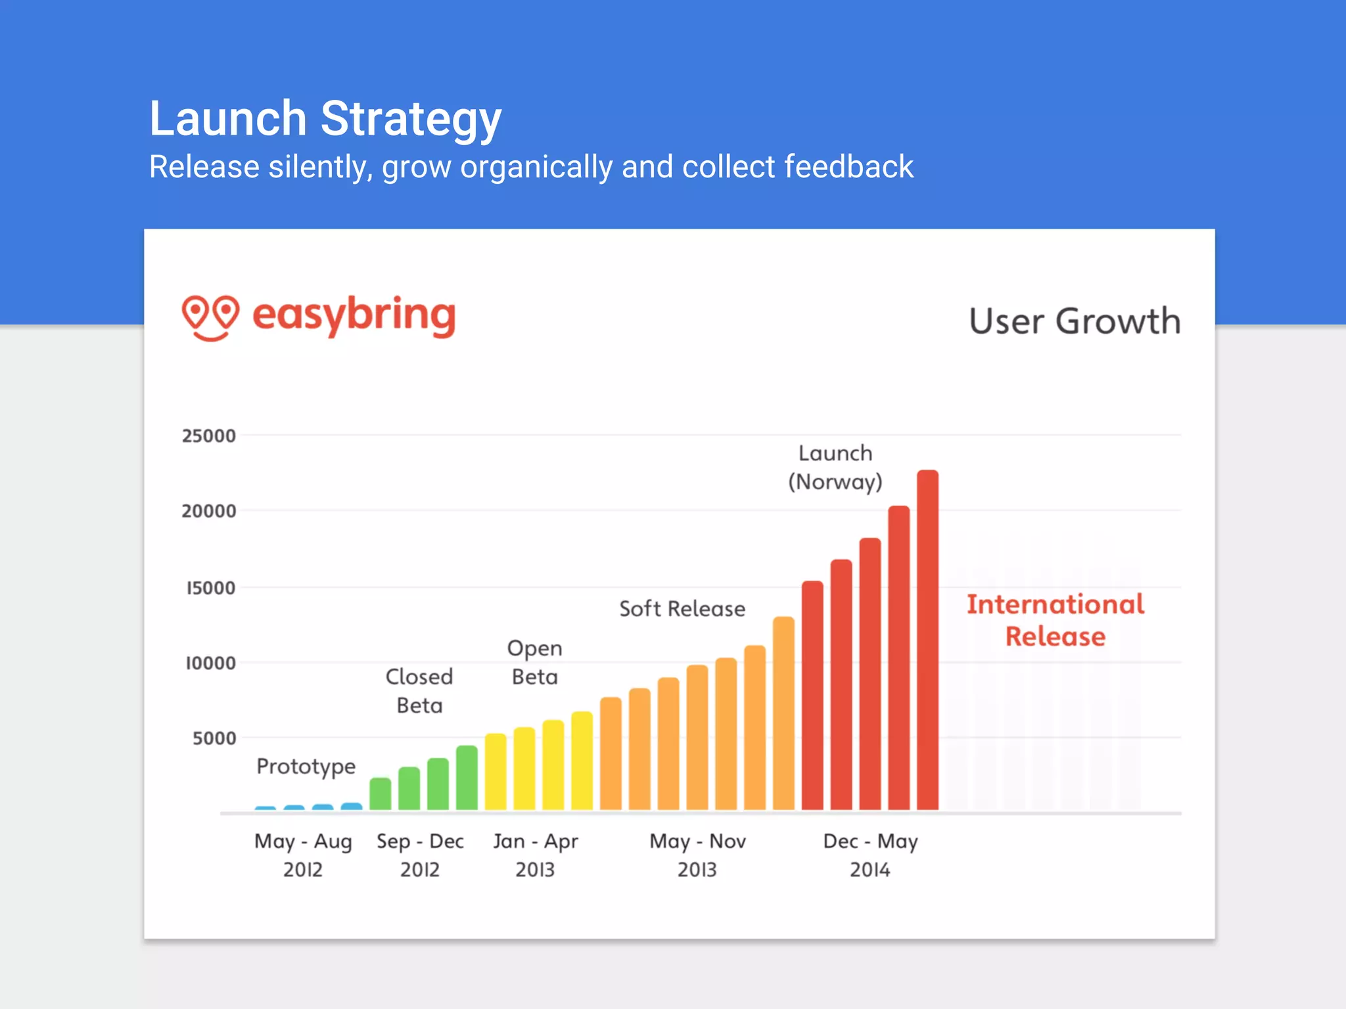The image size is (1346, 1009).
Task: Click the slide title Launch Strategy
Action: point(325,119)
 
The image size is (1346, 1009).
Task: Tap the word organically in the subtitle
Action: point(536,168)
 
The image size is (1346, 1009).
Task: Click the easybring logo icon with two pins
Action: point(210,317)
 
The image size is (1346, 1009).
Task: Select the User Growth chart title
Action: point(1075,321)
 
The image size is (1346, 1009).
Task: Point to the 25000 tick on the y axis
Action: point(209,436)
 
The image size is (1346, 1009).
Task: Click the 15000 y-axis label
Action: point(210,588)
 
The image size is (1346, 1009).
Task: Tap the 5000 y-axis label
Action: point(214,738)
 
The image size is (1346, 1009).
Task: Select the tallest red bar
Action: point(927,640)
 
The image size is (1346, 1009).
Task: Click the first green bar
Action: point(380,794)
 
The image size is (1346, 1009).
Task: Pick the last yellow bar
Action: point(582,761)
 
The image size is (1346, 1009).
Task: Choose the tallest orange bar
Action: point(783,713)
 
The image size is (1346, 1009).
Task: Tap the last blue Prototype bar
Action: point(352,806)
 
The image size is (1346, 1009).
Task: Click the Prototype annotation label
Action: point(306,767)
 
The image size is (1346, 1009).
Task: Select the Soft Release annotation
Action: point(682,609)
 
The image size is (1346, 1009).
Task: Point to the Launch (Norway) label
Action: point(835,468)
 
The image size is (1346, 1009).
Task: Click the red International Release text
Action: point(1056,620)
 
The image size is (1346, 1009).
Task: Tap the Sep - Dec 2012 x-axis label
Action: point(420,855)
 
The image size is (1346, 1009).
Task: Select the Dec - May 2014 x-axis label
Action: point(870,855)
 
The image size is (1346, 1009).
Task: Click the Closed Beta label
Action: point(419,691)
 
